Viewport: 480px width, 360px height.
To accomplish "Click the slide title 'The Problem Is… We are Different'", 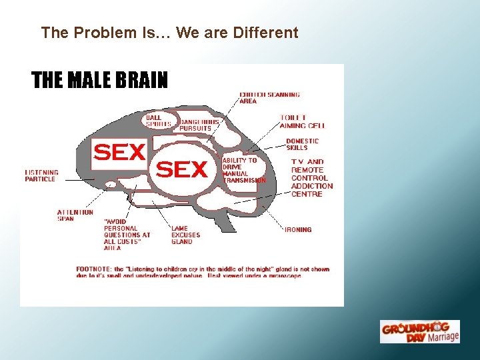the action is tap(169, 32).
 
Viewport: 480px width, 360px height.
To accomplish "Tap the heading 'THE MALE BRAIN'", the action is tap(100, 81).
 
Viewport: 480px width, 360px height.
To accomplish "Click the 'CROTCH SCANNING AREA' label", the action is tap(269, 98).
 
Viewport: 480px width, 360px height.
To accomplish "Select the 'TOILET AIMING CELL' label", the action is tap(302, 121).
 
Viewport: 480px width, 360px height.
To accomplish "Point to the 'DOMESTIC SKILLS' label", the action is tap(302, 144).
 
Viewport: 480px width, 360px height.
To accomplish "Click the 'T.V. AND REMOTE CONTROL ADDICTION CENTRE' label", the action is tap(311, 178).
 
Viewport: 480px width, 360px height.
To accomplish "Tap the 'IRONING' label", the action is tap(298, 229).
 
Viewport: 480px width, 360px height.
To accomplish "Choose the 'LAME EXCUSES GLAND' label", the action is tap(185, 235).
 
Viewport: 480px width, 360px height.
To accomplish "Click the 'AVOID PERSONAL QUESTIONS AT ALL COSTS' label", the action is tap(127, 235).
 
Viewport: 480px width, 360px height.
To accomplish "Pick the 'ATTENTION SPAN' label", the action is tap(75, 215).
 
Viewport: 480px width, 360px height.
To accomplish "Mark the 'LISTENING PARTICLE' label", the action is tap(41, 175).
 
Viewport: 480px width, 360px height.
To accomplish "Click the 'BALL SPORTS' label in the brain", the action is tap(158, 121).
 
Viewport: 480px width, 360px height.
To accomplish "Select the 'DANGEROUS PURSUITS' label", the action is tap(199, 125).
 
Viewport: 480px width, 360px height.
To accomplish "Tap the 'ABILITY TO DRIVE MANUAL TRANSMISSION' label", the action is tap(244, 170).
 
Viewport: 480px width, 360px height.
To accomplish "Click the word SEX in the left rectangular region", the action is tap(119, 153).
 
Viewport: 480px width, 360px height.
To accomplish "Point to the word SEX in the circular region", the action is tap(181, 170).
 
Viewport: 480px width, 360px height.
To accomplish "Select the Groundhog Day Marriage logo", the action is tap(419, 332).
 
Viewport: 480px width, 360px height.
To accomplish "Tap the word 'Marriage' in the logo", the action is tap(442, 336).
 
